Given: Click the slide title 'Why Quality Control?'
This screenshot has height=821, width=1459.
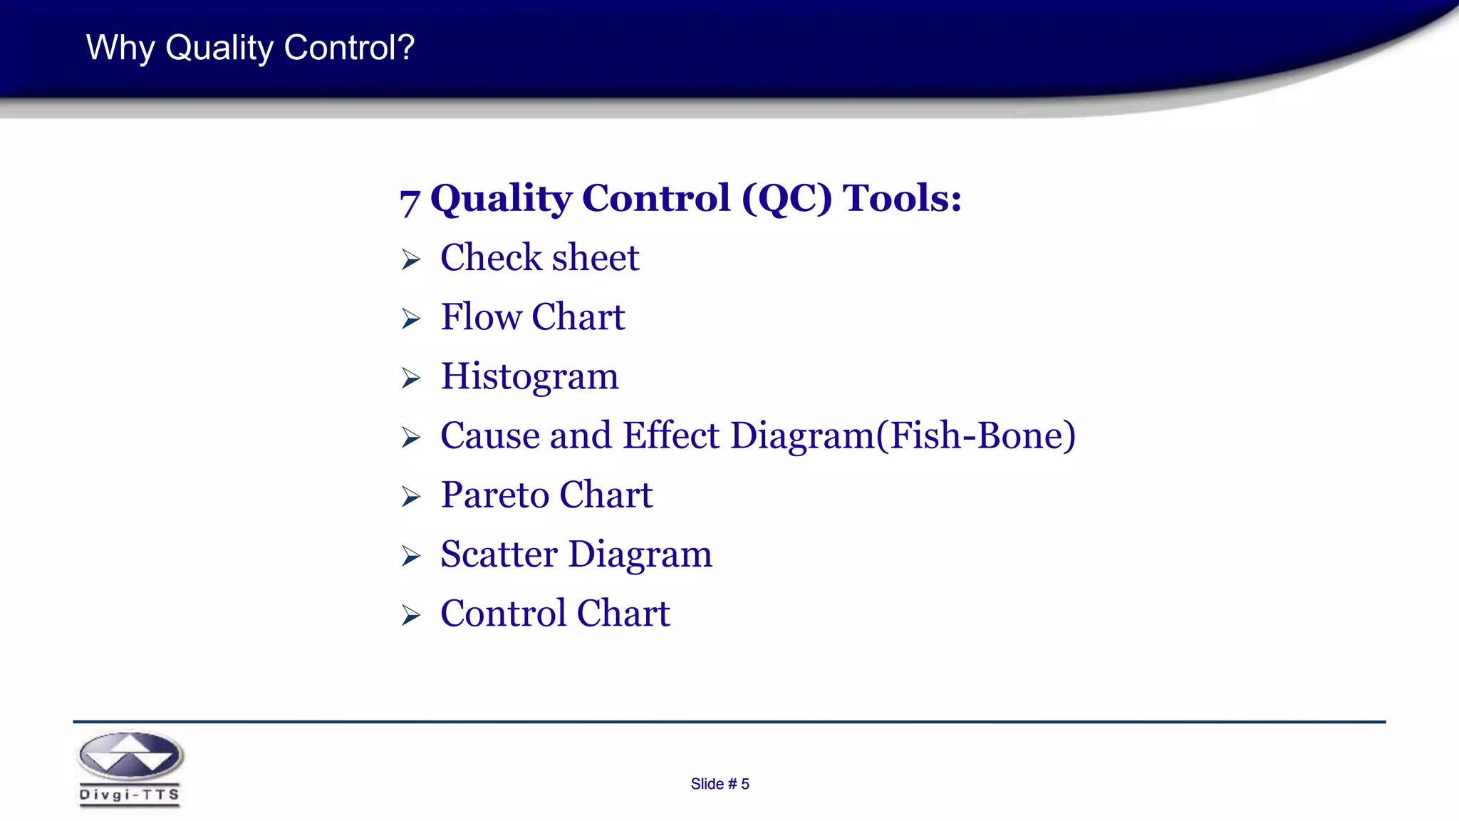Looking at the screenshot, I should click(x=250, y=48).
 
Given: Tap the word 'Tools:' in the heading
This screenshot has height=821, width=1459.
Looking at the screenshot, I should click(x=902, y=198).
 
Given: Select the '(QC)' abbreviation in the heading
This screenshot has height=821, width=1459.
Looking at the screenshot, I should click(x=786, y=199).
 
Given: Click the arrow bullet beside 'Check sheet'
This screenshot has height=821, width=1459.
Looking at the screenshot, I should click(x=411, y=259).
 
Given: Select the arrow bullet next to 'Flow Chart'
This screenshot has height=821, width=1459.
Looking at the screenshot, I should click(x=411, y=319).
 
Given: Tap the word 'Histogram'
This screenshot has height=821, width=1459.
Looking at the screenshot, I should click(x=529, y=377).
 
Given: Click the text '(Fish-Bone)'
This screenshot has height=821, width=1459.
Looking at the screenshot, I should click(x=975, y=435).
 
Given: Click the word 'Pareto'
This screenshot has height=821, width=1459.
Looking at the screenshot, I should click(x=494, y=495).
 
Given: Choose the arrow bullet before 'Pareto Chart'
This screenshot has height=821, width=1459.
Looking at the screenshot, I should click(x=411, y=497).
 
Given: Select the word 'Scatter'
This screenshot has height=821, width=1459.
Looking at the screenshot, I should click(x=499, y=554).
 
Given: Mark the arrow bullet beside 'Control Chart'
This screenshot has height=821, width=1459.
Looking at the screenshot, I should click(x=411, y=615).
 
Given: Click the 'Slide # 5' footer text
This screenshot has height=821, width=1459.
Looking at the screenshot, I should click(x=720, y=784).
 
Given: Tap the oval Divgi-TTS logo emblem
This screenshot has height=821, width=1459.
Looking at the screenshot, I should click(x=130, y=755).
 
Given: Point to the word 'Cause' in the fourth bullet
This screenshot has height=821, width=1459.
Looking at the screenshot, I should click(x=489, y=435).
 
